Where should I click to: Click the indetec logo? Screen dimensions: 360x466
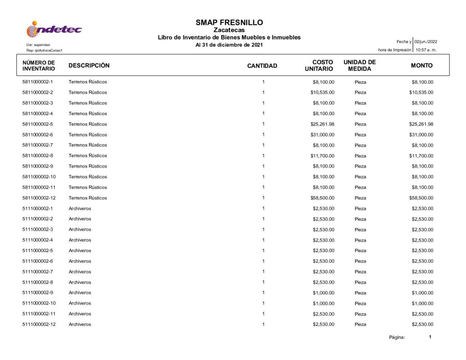point(54,30)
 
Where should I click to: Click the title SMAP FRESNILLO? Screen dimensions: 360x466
point(229,22)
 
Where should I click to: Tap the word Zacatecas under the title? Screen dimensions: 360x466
point(229,30)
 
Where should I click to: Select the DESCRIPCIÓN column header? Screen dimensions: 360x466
point(89,66)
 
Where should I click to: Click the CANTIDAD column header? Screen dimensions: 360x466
point(262,66)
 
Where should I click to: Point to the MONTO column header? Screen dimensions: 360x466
point(421,66)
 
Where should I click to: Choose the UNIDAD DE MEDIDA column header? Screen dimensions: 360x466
point(360,66)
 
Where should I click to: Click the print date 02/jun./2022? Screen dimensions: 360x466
point(425,42)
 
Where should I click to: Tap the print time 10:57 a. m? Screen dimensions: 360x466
point(426,50)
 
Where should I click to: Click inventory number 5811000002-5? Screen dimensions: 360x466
point(38,124)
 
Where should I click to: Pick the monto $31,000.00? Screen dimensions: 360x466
point(421,135)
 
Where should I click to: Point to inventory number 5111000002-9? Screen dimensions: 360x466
point(38,293)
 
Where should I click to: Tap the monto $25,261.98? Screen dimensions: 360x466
point(421,124)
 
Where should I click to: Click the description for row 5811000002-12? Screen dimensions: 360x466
point(88,198)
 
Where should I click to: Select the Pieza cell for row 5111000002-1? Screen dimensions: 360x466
point(360,208)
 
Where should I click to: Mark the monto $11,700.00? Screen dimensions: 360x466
point(421,156)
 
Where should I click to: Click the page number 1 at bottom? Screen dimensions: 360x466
point(430,337)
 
